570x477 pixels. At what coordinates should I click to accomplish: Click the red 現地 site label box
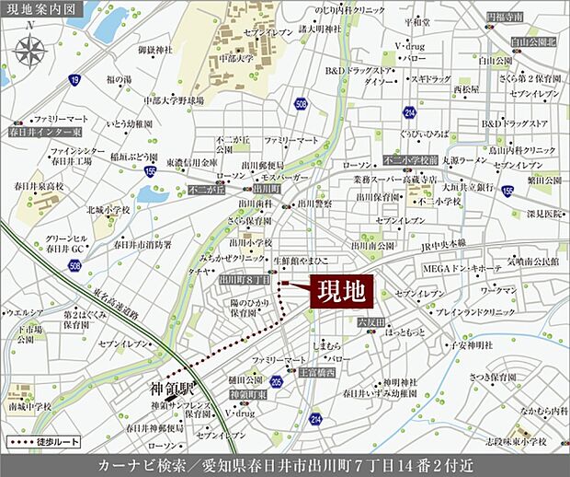click(340, 292)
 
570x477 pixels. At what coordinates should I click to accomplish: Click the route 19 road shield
click(74, 81)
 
